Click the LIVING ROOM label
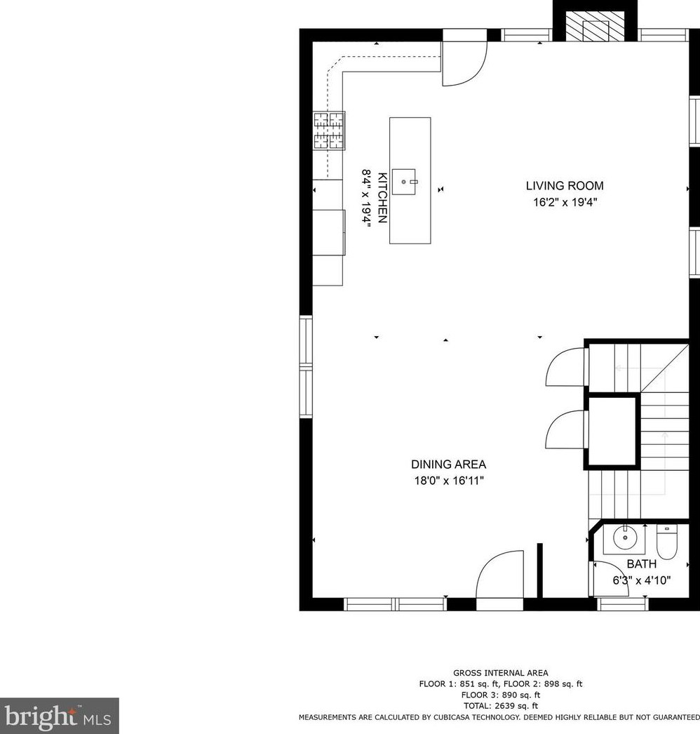pos(564,186)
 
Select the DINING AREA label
pos(448,465)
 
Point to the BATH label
pos(641,563)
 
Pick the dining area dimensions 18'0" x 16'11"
pos(448,481)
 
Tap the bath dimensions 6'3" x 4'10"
pos(641,580)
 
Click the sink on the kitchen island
pos(405,181)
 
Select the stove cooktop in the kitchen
pos(329,131)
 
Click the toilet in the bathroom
pos(666,543)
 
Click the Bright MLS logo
pos(59,716)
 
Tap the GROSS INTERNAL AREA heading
pos(500,673)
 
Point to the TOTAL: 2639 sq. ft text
pos(500,706)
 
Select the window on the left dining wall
pos(306,368)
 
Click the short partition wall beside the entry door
pos(540,572)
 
